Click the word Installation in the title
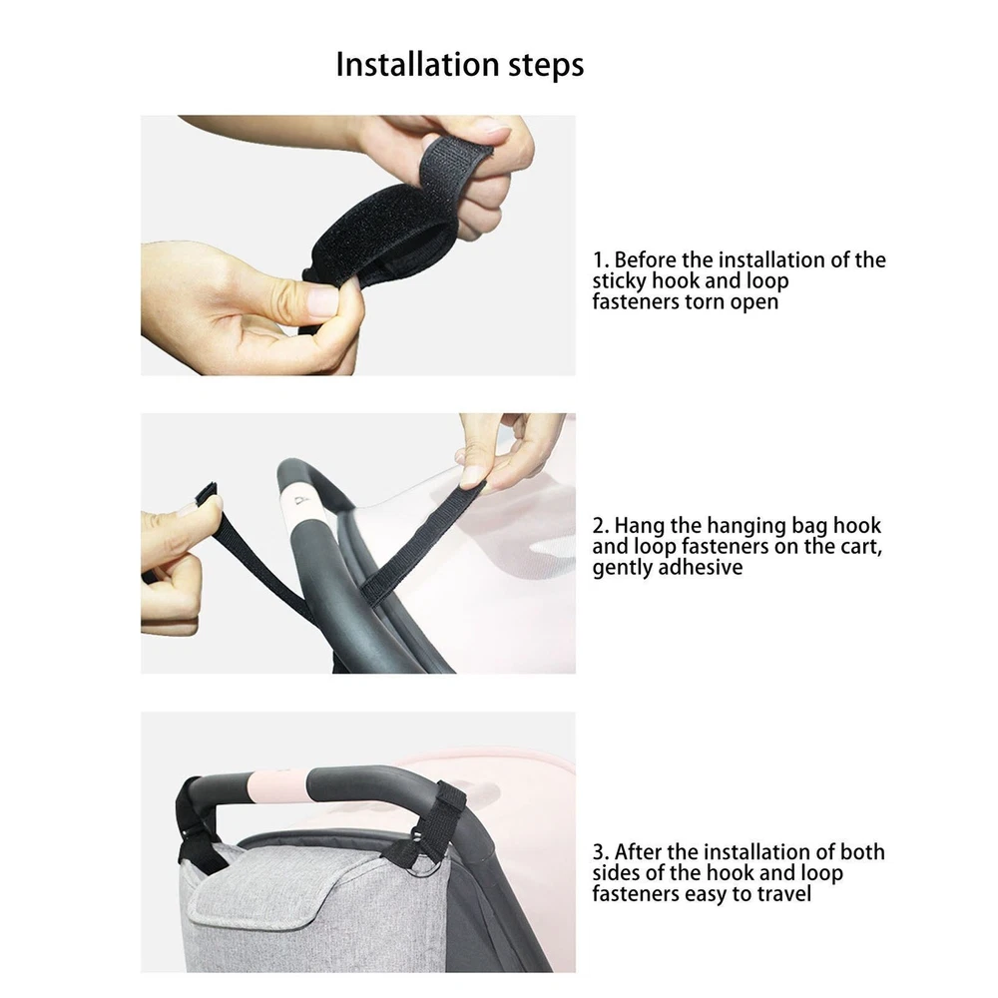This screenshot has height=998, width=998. [417, 64]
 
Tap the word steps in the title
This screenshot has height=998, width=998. [546, 66]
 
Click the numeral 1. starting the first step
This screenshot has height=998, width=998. [601, 260]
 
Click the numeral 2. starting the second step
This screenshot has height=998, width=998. [601, 526]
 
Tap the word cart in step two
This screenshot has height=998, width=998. [863, 547]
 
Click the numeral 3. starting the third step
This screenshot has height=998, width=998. [601, 852]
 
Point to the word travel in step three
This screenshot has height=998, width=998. [783, 893]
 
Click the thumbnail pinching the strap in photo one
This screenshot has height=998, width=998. [321, 299]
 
